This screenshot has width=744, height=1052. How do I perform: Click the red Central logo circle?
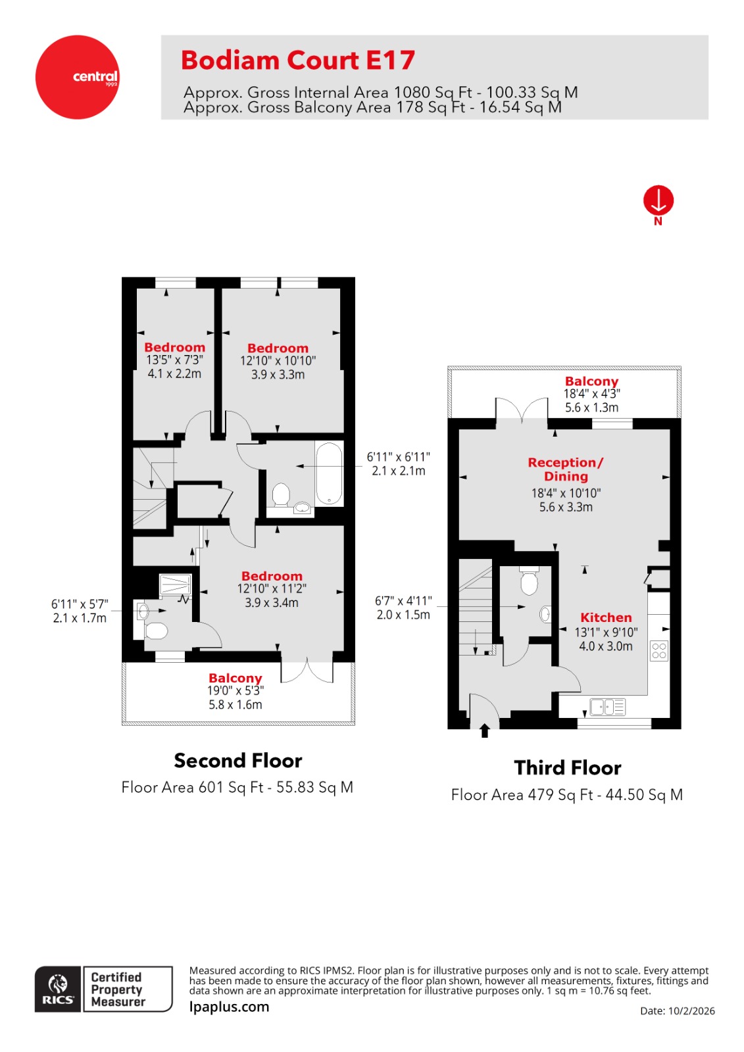(77, 77)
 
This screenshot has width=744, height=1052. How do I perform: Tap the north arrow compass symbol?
(658, 201)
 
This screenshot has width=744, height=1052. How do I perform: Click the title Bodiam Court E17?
(298, 60)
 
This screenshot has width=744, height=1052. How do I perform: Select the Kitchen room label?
(605, 617)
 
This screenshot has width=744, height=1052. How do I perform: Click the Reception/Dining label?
(565, 469)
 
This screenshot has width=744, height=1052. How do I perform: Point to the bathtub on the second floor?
(329, 473)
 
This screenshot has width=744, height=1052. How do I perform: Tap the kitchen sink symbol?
(607, 707)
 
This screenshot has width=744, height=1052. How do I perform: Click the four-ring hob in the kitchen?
(658, 651)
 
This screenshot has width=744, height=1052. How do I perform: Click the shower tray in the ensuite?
(175, 585)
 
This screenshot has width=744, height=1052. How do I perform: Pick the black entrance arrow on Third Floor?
(485, 730)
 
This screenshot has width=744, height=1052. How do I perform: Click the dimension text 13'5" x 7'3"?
(174, 360)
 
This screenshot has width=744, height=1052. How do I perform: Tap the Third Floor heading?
(567, 768)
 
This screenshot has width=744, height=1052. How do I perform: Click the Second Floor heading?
(237, 761)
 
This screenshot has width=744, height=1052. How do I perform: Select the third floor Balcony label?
(591, 381)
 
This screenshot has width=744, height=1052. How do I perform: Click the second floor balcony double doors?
(307, 671)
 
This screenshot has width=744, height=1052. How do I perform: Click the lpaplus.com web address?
(229, 1007)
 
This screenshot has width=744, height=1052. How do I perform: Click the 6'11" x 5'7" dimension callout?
(80, 604)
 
